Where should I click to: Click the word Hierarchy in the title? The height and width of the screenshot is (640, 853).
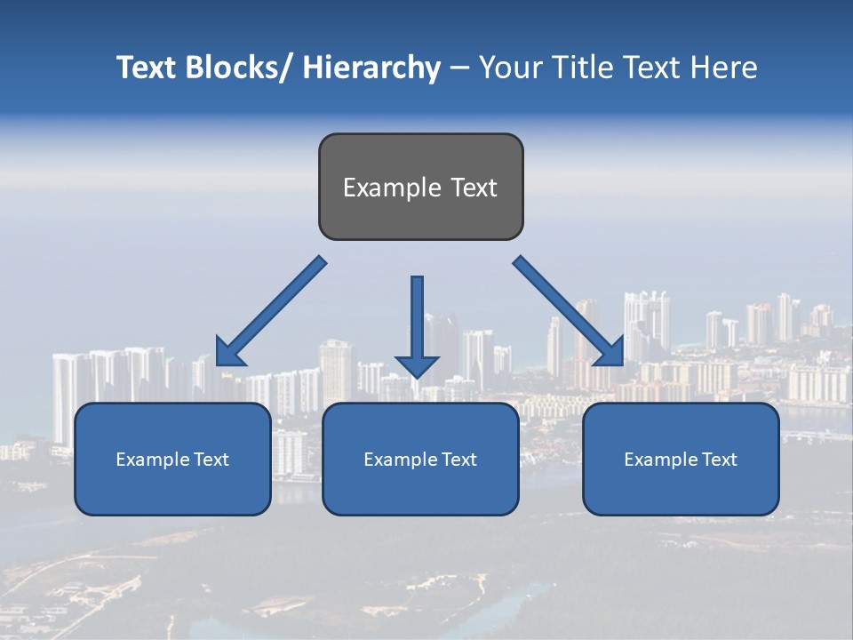coord(371,68)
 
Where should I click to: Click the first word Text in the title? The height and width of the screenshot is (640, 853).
coord(147,68)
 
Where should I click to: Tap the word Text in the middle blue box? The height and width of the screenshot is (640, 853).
coord(458,460)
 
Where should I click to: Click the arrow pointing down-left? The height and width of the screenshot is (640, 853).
coord(271,313)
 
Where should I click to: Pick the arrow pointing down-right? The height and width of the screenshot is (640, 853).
coord(569,311)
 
